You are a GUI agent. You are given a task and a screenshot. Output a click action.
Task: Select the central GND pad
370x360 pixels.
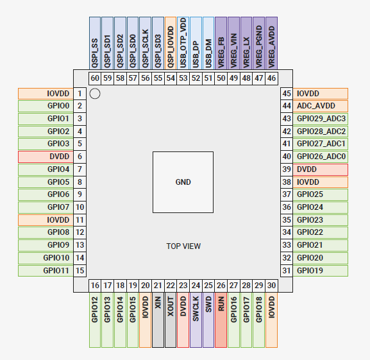point(183,182)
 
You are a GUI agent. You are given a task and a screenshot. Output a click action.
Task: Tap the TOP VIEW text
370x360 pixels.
point(183,246)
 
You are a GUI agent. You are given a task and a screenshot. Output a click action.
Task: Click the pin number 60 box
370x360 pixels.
point(95,78)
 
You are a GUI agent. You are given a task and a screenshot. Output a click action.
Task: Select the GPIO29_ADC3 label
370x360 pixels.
point(321,119)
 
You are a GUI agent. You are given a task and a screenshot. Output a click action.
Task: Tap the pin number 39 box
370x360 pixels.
point(287,169)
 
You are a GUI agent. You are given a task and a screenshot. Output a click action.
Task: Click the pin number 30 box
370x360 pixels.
point(272,286)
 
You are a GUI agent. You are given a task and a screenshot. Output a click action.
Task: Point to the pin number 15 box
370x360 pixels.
point(80,271)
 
